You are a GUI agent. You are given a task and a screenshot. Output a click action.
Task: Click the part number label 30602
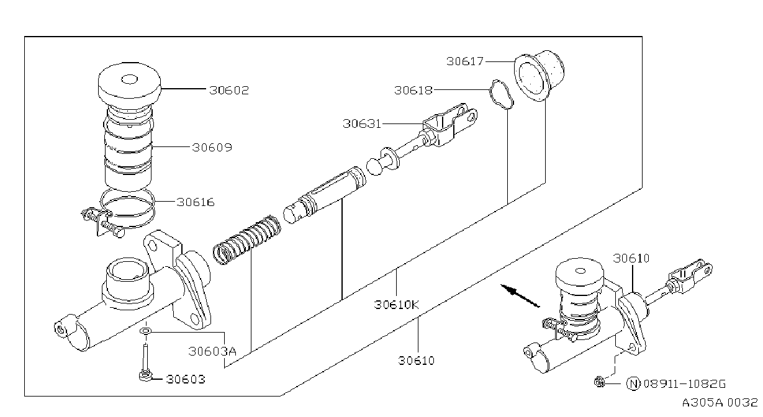(229, 90)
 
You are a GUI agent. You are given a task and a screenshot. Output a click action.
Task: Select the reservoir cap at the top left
(129, 80)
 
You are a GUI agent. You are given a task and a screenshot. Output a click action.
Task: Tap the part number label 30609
(212, 148)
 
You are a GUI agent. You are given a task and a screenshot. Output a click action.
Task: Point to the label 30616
(196, 202)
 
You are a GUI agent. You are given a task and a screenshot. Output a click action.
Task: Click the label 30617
(465, 61)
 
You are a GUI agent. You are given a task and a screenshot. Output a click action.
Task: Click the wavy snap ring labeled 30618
(502, 94)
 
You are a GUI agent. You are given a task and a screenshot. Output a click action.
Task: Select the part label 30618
(413, 91)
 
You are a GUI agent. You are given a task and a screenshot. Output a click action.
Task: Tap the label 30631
(362, 123)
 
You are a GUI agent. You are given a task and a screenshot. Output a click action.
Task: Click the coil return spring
(247, 240)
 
